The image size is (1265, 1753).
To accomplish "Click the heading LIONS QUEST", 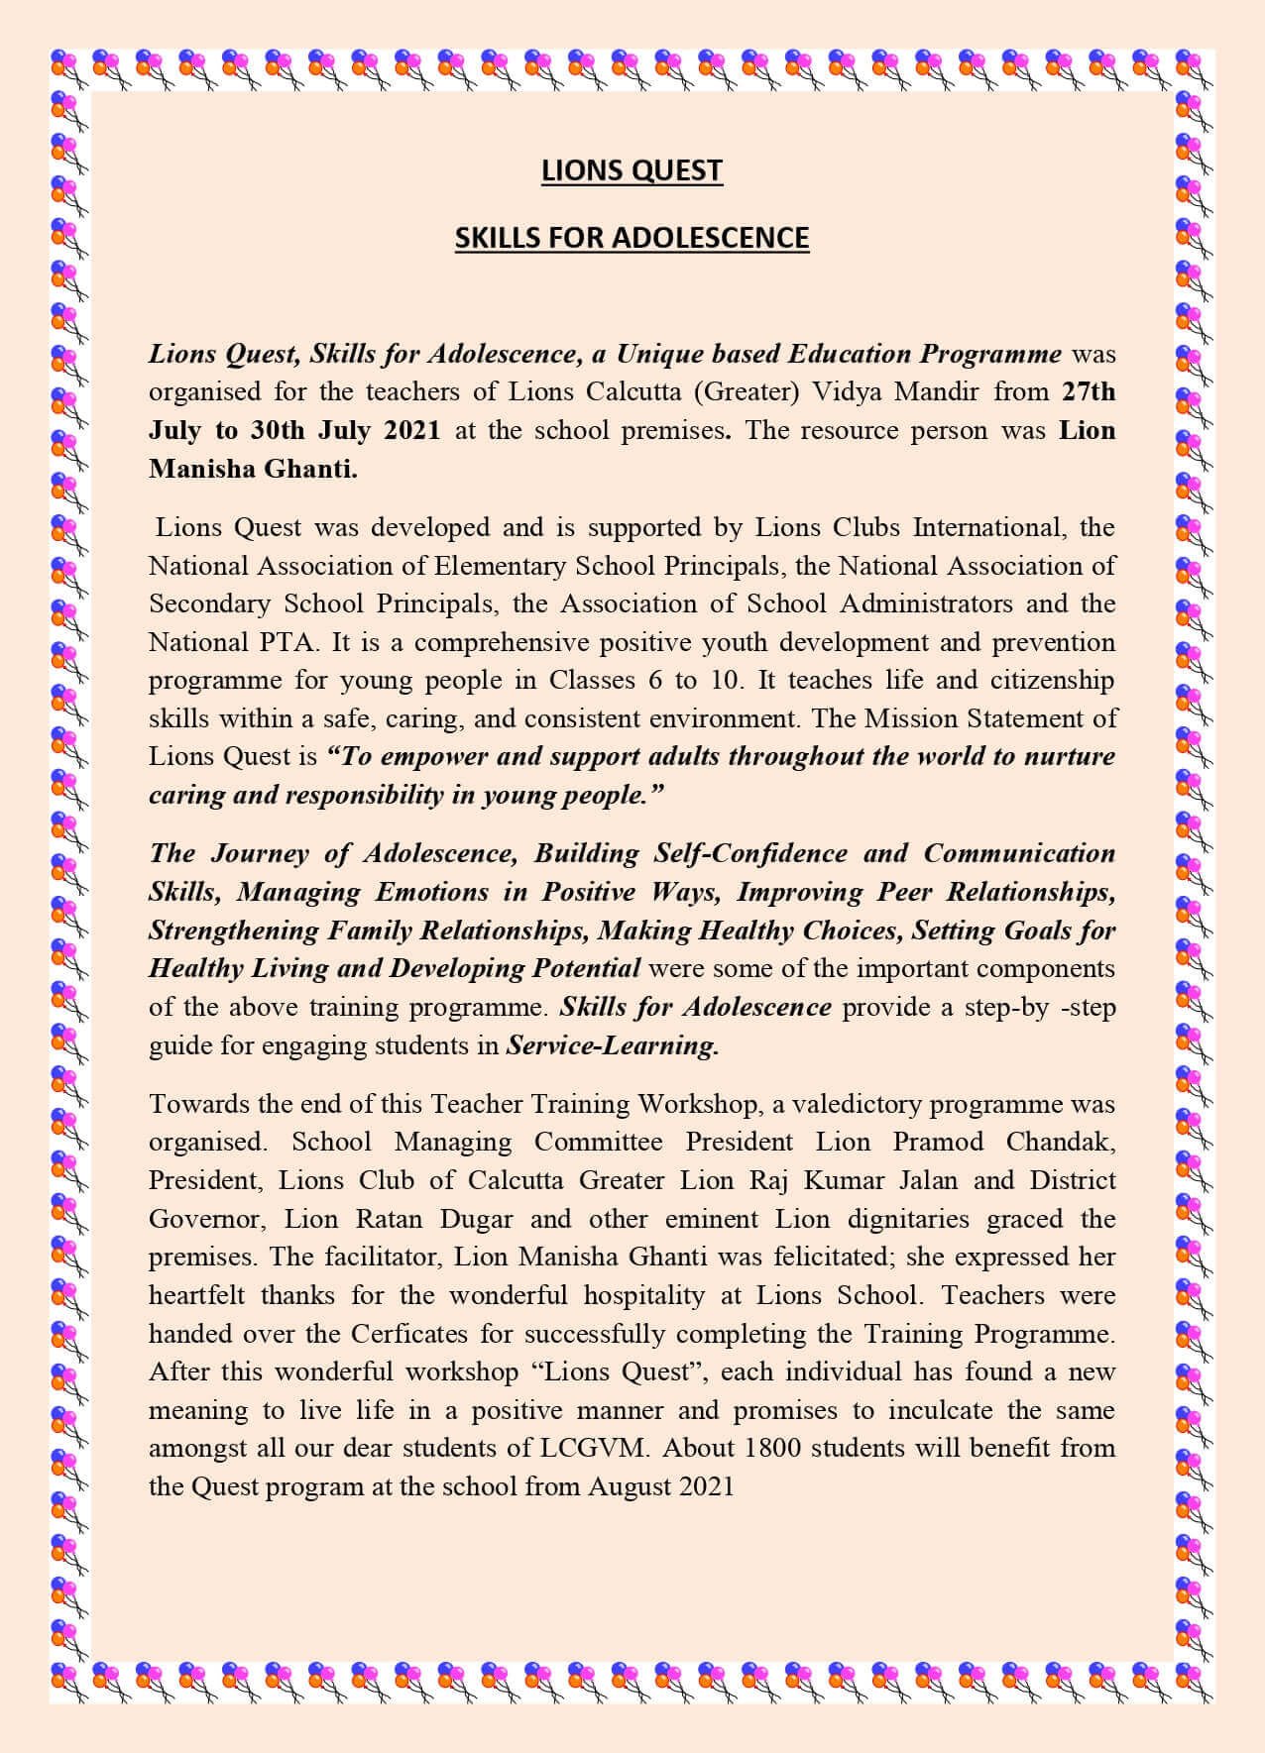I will tap(632, 171).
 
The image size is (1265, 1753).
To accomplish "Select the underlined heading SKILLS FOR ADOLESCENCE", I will tap(632, 239).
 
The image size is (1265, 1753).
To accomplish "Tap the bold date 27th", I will tap(1088, 391).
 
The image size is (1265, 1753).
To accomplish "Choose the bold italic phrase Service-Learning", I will tap(612, 1045).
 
